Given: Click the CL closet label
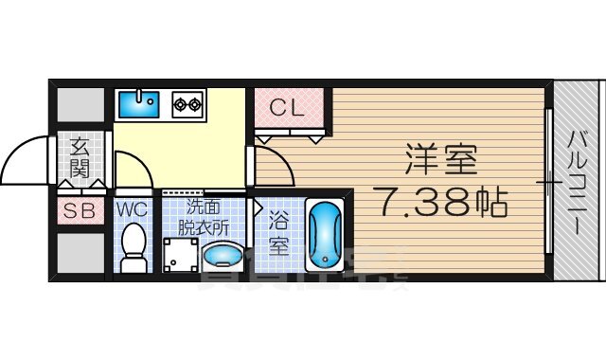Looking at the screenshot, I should coord(288,107).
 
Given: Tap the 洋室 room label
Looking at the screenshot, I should coord(441,160).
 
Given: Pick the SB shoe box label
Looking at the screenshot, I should coord(80,212).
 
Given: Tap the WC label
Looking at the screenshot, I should coord(134,207).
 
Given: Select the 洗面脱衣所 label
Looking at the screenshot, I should coord(207,218).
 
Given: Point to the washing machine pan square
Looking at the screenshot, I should coord(180,254).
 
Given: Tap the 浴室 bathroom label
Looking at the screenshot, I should coord(278,232).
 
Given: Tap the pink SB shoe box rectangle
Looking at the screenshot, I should coord(80,212).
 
